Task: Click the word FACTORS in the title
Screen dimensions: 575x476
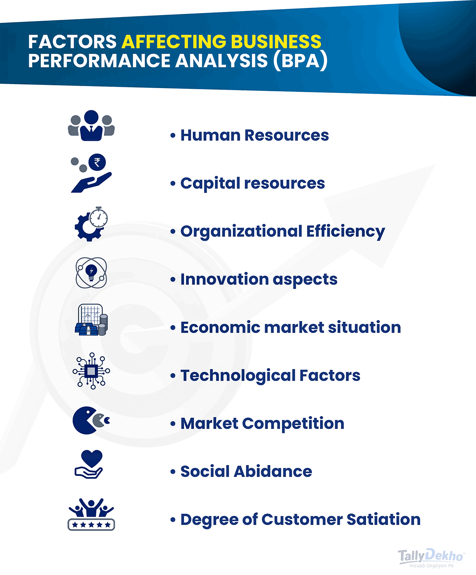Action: click(72, 42)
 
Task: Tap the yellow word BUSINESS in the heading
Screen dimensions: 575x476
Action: click(276, 42)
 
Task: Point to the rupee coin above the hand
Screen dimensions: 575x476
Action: click(97, 162)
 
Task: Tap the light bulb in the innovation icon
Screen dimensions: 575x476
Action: click(92, 272)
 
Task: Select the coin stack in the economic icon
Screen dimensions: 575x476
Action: click(103, 325)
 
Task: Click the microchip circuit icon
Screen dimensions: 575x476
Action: click(91, 371)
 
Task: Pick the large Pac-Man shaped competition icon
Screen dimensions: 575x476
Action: click(84, 420)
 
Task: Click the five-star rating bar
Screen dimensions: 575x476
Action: click(91, 525)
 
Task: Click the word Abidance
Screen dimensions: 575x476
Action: click(273, 471)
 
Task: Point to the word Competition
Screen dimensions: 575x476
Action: click(293, 423)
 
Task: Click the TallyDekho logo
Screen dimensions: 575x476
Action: click(431, 557)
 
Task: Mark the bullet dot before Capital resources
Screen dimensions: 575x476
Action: click(173, 184)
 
